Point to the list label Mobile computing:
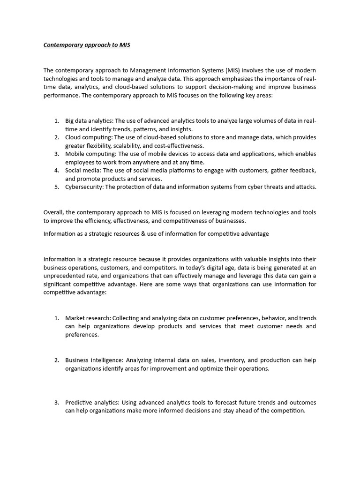pos(91,154)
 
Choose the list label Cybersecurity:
pos(86,187)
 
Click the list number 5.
pos(56,187)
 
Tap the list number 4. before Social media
pos(56,170)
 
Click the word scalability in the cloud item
pos(124,146)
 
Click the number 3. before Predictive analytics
pos(56,402)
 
